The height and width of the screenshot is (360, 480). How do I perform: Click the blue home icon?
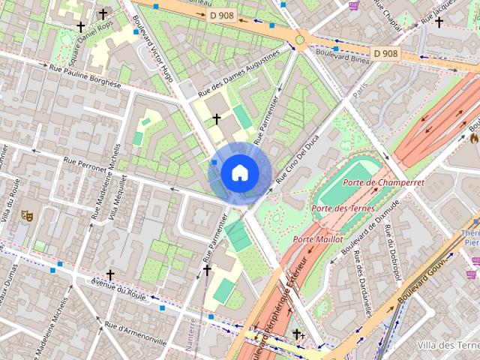click(239, 172)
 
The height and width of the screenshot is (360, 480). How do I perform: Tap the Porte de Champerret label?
click(383, 182)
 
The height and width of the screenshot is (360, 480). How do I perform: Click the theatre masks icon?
click(27, 215)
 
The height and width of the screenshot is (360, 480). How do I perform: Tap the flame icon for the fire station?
click(474, 138)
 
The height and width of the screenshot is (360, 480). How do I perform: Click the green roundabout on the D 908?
click(300, 40)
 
